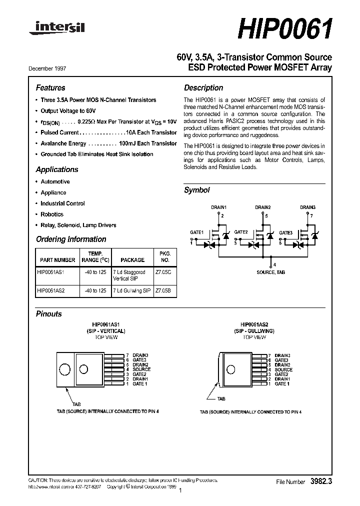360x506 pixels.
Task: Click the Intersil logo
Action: point(56,29)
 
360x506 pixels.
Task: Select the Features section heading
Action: point(50,87)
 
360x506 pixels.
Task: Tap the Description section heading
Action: point(203,87)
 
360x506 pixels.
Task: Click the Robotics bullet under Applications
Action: point(52,214)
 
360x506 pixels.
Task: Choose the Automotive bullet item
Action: point(55,181)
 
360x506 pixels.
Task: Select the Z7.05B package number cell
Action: point(163,290)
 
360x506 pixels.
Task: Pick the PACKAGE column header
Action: point(132,260)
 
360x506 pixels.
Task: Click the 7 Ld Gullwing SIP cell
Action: point(132,290)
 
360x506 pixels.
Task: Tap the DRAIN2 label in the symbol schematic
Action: point(262,207)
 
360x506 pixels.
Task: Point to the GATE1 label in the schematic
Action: point(196,232)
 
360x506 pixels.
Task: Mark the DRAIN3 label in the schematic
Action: point(307,207)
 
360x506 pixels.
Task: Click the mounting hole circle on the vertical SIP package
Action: point(64,370)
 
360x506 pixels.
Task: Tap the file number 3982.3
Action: point(321,481)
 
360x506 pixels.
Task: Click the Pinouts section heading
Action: point(49,314)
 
